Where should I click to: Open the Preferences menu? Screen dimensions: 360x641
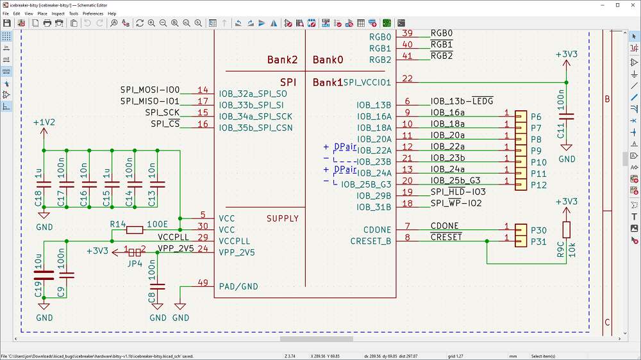(x=93, y=13)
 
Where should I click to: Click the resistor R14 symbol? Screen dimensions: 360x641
(x=135, y=229)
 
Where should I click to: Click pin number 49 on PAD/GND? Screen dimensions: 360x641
(x=203, y=282)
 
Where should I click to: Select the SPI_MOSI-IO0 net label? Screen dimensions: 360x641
(x=150, y=90)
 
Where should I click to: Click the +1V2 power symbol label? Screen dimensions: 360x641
(x=44, y=122)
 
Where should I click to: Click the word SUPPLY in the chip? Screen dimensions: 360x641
(x=283, y=218)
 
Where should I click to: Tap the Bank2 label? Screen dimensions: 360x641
(x=283, y=60)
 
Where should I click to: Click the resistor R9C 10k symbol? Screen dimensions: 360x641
(x=567, y=229)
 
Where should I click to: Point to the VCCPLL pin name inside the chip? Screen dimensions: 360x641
(x=235, y=241)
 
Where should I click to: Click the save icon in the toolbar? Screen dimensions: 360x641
(x=6, y=23)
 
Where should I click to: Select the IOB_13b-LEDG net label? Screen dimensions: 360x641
(x=462, y=102)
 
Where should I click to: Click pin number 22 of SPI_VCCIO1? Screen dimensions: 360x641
(x=407, y=79)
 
